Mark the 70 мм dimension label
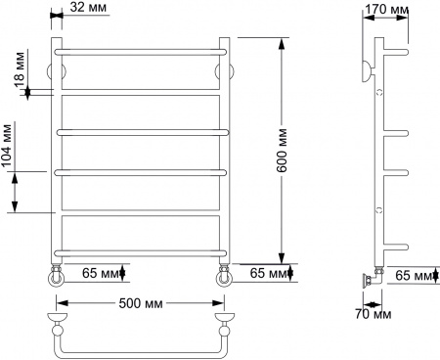[x=372, y=314]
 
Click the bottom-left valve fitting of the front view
[x=59, y=277]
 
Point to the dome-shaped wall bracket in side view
[x=364, y=71]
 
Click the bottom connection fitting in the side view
[x=369, y=278]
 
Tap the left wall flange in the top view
[x=58, y=319]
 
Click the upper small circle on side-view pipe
[x=378, y=91]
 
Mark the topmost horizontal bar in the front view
[x=142, y=49]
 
